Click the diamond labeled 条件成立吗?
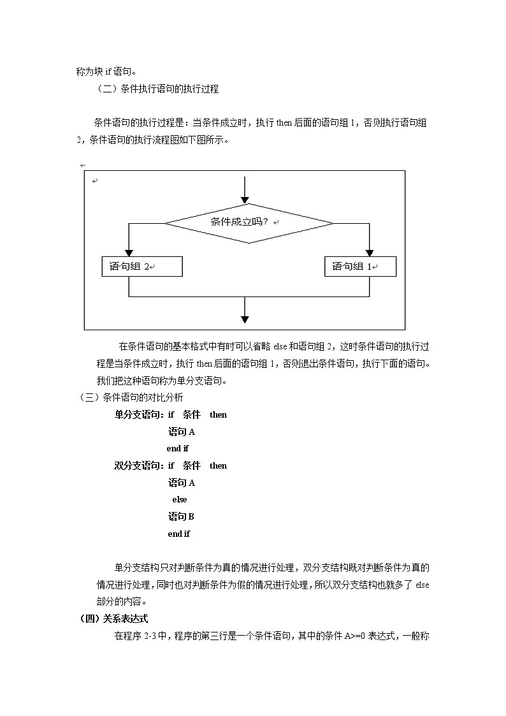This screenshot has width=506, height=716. coord(249,223)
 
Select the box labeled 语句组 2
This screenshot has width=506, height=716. coord(142,267)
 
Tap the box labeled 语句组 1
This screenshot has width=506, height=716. coord(360,267)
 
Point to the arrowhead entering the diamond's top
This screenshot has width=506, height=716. coord(245,199)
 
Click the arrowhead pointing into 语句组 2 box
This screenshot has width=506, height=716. coord(129,252)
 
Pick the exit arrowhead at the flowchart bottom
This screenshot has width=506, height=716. coord(245,319)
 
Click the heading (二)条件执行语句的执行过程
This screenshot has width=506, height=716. coord(157,89)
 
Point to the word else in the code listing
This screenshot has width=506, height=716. coord(179,500)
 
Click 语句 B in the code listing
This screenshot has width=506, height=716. coord(181,516)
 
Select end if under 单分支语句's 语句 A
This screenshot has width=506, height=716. coord(178,449)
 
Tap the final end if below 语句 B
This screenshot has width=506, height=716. coord(178,534)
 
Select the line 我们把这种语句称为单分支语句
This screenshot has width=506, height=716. coord(161,381)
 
